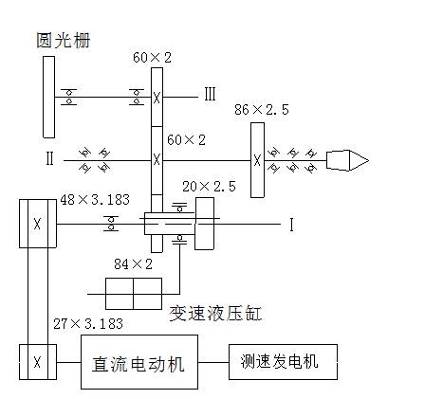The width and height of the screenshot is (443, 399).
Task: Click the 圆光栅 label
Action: click(x=64, y=40)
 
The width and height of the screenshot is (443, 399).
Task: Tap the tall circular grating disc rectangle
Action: click(x=48, y=97)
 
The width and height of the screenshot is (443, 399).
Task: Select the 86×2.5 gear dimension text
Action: click(x=262, y=110)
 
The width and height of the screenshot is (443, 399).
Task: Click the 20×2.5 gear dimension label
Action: click(x=209, y=187)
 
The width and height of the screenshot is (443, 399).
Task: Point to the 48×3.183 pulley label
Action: click(x=95, y=200)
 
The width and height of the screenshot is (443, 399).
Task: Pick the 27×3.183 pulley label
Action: click(x=88, y=324)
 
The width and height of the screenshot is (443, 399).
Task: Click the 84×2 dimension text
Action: click(x=133, y=264)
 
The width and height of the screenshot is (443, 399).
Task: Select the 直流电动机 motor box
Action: click(x=139, y=362)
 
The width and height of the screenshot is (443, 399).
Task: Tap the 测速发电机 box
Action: click(x=283, y=362)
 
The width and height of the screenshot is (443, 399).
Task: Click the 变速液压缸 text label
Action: click(x=215, y=314)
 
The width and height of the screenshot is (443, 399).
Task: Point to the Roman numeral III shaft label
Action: click(x=210, y=94)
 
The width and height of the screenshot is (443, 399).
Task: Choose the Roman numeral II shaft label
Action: click(x=49, y=158)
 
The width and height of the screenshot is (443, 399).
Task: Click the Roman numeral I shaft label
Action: click(x=291, y=225)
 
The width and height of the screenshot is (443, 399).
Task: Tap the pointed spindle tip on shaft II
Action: click(x=368, y=160)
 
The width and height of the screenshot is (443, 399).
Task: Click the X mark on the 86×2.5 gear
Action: click(x=257, y=160)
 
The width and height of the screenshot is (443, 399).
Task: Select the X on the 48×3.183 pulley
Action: click(x=37, y=224)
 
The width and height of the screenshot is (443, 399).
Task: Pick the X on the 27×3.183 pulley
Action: click(x=37, y=362)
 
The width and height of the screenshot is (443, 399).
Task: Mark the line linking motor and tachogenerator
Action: click(x=213, y=362)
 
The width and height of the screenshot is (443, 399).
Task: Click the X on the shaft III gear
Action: click(x=157, y=98)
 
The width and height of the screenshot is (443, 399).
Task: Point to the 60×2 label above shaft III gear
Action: click(x=152, y=58)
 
